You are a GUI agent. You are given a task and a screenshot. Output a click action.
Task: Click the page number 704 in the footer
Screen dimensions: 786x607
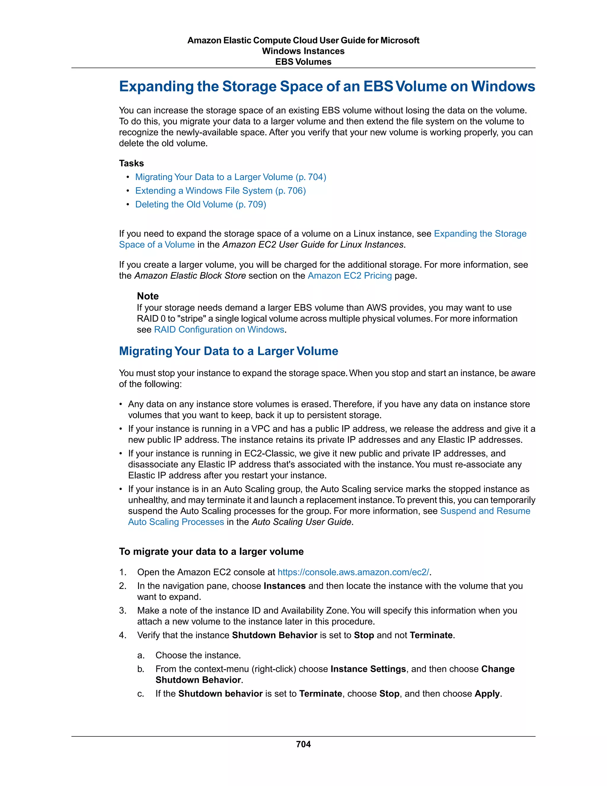click(303, 744)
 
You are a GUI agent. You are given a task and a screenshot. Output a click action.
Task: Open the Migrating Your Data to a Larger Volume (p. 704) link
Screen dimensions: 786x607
click(231, 177)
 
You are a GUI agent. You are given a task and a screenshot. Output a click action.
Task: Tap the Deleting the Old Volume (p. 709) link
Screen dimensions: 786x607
click(200, 204)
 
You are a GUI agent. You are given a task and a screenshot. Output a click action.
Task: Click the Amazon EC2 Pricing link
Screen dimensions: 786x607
click(349, 276)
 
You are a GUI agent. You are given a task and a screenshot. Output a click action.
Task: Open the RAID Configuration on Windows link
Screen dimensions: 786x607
click(219, 330)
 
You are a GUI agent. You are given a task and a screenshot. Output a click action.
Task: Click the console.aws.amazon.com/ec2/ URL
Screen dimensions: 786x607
click(353, 572)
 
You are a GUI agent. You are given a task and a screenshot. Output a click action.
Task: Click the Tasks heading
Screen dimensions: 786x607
click(131, 163)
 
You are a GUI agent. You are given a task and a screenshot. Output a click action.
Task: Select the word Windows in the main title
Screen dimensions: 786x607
click(503, 86)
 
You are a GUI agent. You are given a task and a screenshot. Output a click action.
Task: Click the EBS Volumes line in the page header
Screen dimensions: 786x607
click(303, 62)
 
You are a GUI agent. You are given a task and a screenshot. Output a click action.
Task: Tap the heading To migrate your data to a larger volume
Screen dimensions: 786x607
click(211, 552)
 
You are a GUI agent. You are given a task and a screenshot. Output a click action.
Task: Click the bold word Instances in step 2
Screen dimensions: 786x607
click(285, 586)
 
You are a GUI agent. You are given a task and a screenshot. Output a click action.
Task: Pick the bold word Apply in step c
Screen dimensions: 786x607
click(487, 693)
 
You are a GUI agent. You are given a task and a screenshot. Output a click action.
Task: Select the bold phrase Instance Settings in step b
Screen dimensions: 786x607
click(368, 669)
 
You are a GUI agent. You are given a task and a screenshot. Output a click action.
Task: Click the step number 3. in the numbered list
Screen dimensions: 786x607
click(123, 611)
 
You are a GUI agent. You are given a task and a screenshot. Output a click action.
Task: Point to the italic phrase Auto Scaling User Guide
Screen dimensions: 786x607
click(301, 522)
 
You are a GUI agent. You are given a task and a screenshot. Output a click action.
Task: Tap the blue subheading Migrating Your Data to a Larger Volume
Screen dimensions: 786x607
click(228, 351)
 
